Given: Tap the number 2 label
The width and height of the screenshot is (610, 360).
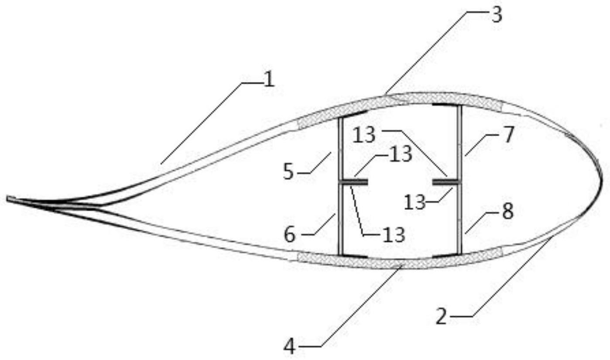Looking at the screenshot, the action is [x=442, y=316].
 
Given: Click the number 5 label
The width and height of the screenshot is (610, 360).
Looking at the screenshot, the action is [x=289, y=172].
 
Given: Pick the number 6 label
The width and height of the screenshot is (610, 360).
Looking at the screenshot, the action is [x=290, y=235].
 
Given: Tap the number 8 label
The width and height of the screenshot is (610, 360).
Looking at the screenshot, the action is [x=507, y=211].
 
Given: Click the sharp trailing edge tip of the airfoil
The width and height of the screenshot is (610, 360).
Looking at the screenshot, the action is [x=7, y=199].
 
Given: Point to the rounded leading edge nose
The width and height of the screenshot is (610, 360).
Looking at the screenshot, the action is [x=601, y=180].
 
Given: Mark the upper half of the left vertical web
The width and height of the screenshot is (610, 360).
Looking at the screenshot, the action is [x=340, y=149].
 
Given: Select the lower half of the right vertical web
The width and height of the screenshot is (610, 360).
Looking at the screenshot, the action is [x=459, y=219].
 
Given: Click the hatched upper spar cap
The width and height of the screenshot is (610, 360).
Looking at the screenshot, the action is [x=400, y=103].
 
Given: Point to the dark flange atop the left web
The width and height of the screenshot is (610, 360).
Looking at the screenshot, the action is [x=353, y=114].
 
